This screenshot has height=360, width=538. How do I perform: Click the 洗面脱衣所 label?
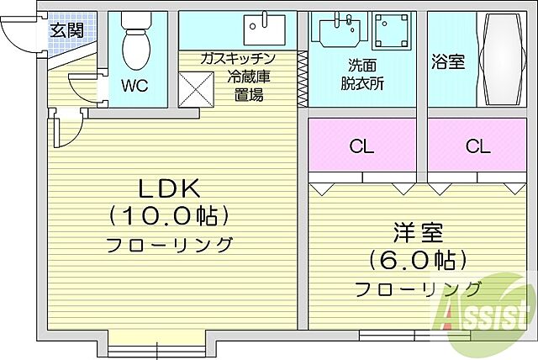pos(362,74)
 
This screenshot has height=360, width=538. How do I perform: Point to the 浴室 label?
pos(448,62)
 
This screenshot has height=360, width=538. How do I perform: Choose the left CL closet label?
pos(361,146)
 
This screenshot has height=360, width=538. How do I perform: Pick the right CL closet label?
pos(477,146)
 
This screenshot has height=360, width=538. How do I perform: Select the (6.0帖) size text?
pos(416,259)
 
